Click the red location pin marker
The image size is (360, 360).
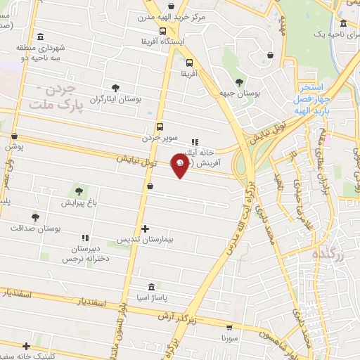(x=181, y=166)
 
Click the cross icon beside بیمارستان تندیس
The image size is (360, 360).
(x=145, y=229)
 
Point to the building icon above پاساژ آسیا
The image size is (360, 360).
(x=151, y=287)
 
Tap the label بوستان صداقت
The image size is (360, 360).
(x=35, y=229)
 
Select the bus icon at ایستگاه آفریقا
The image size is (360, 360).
(x=163, y=31)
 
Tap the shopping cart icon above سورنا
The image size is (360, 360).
(x=229, y=326)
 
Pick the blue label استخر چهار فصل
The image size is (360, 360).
(x=310, y=92)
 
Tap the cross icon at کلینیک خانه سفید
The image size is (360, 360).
(x=27, y=345)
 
